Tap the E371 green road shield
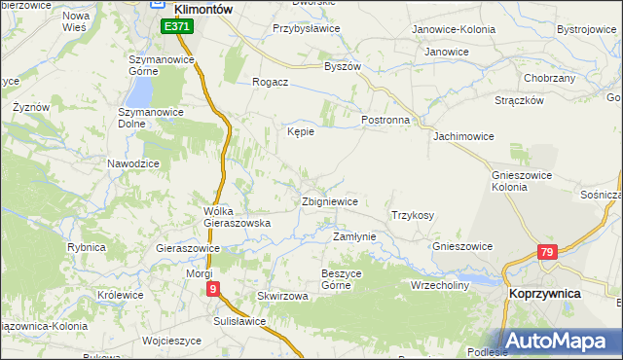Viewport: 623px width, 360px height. point(177,27)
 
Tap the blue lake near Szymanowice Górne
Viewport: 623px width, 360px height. point(141,92)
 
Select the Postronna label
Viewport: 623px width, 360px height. point(385,120)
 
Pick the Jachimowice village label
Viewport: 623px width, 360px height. point(465,136)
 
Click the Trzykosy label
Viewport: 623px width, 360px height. point(413,215)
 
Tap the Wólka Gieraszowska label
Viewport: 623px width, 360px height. point(236,217)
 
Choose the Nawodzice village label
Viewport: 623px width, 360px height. point(133,163)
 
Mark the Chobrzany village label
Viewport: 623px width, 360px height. point(550,78)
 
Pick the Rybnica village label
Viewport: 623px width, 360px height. point(86,247)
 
